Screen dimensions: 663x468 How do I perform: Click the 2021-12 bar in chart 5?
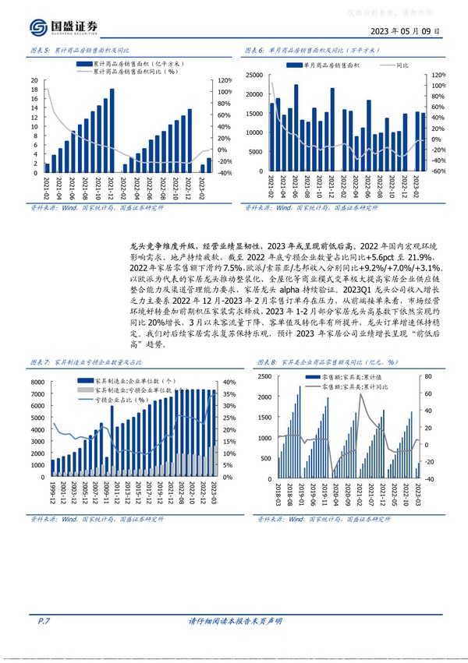(x=112, y=131)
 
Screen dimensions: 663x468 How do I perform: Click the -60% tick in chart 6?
(x=438, y=171)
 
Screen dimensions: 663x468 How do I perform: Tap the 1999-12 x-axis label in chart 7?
(x=53, y=491)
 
